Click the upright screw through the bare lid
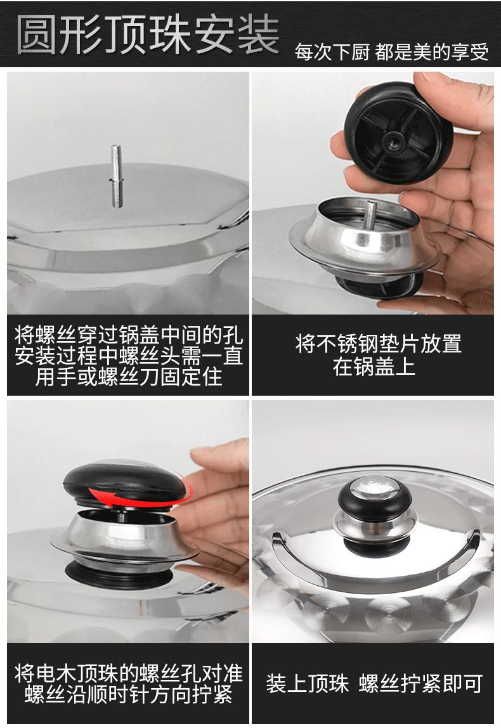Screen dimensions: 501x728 (x=117, y=176)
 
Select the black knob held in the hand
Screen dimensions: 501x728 (x=398, y=133)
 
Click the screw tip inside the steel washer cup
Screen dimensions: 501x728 (x=372, y=211)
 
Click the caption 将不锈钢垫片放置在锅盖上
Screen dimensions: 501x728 (x=378, y=355)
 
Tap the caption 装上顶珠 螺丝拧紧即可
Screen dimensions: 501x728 (x=374, y=684)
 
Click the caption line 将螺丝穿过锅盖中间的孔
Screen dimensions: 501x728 (x=129, y=335)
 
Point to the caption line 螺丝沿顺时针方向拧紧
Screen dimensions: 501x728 (x=129, y=694)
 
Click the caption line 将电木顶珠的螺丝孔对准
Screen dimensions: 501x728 (x=129, y=673)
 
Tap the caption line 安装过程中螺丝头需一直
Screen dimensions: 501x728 (x=129, y=356)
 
